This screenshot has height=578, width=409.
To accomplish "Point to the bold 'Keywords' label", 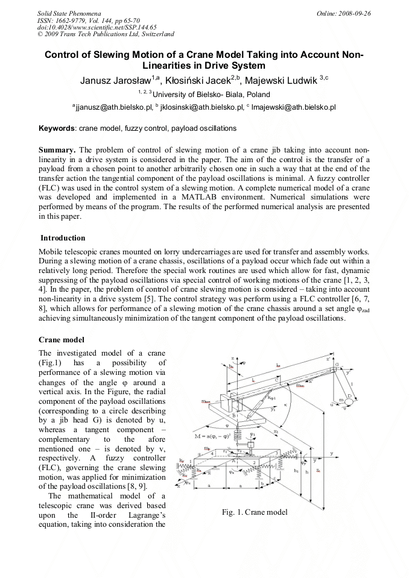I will coord(57,128).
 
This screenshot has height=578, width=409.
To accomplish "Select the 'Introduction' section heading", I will coord(63,238).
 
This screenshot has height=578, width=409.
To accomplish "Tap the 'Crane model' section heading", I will coord(62,340).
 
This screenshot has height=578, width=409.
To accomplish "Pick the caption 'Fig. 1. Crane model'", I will coord(255,512).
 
